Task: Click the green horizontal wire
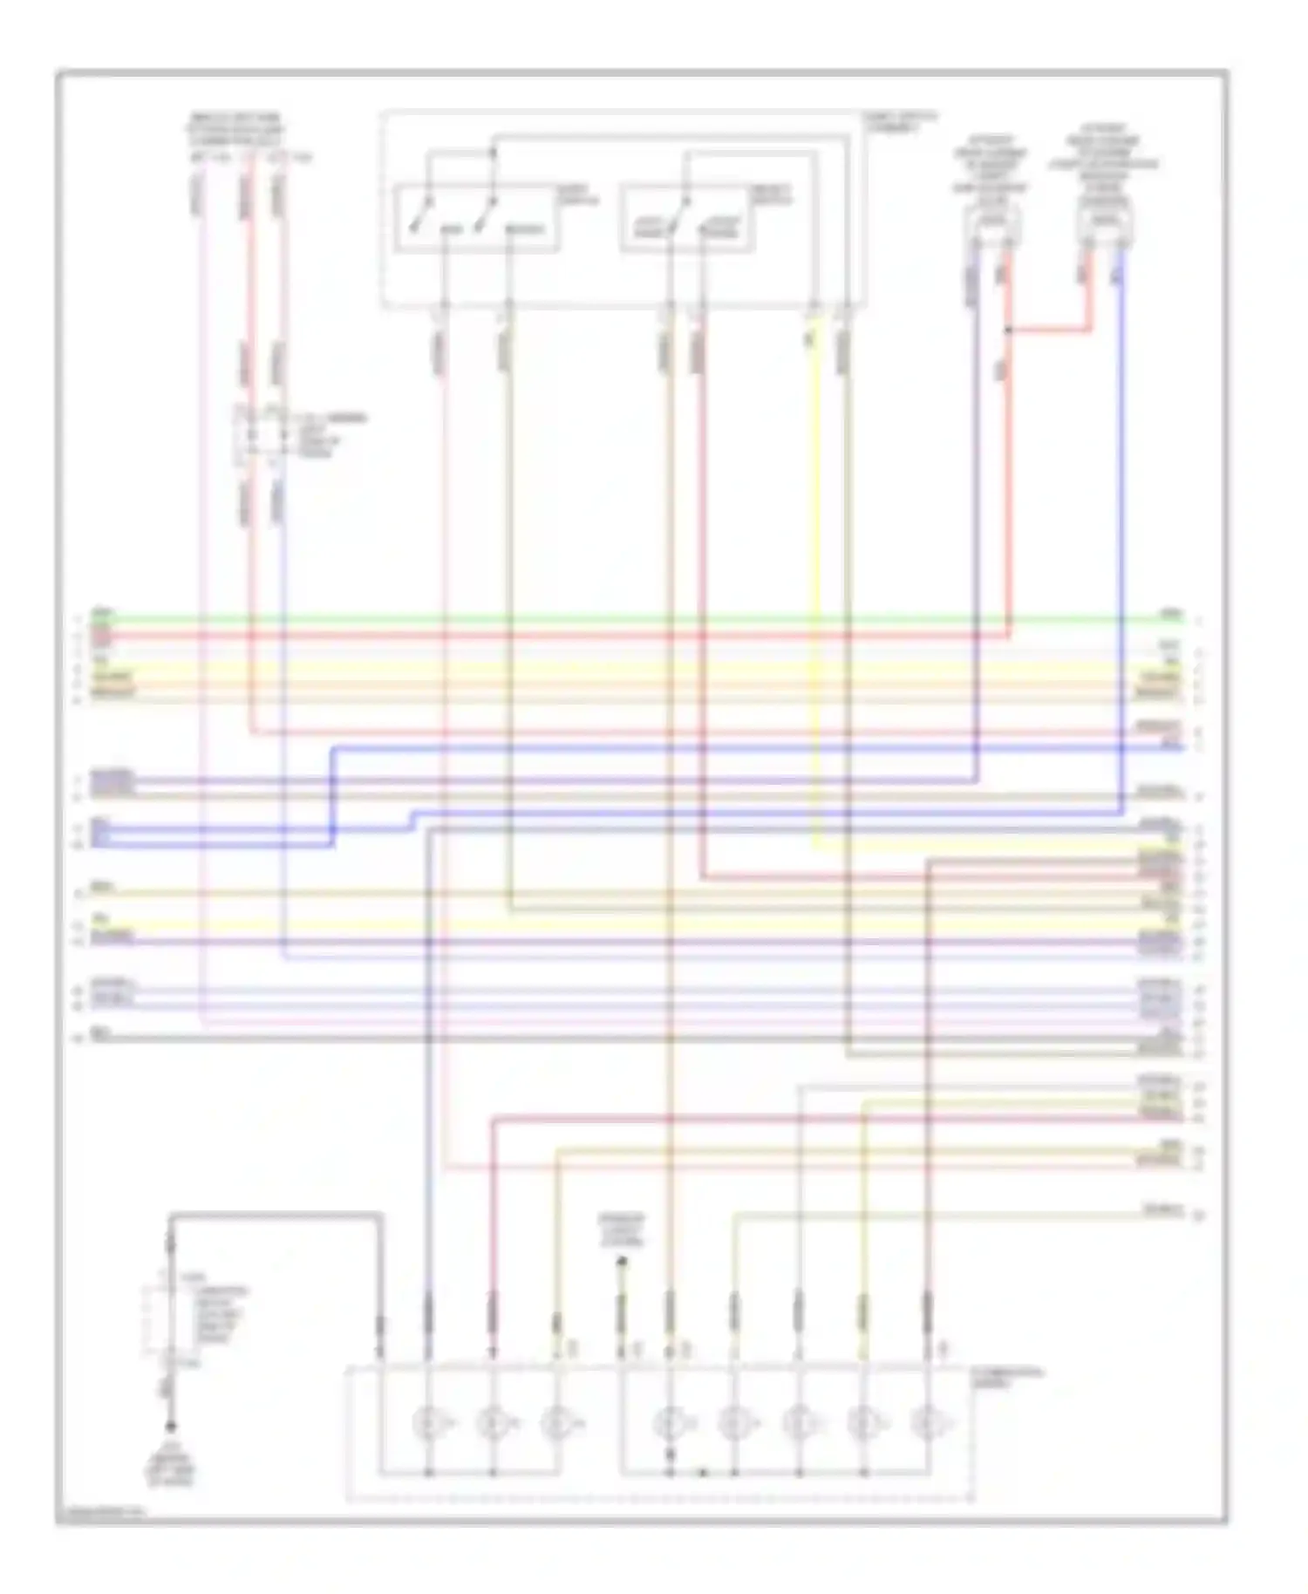(x=610, y=620)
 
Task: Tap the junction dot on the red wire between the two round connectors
(x=1008, y=330)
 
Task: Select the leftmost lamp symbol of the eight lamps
(x=428, y=1424)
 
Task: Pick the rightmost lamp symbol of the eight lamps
(x=927, y=1424)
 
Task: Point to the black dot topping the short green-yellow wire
(x=621, y=1260)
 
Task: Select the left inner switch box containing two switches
(x=476, y=218)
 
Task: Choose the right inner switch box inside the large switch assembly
(x=687, y=218)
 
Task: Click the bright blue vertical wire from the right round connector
(x=1121, y=523)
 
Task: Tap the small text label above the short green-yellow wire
(x=621, y=1230)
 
